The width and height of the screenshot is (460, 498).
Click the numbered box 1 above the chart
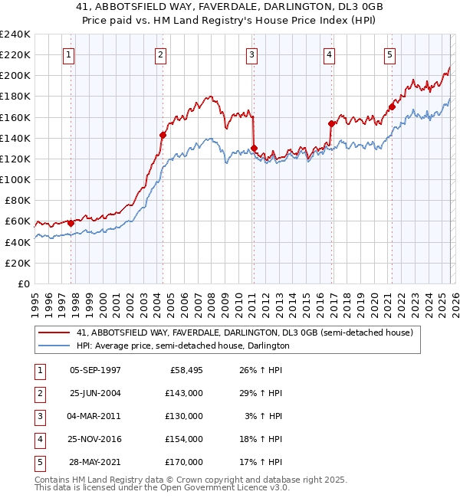pos(70,54)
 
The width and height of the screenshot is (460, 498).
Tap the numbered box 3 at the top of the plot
pos(251,54)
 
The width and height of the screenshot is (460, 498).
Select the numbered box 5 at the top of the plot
pos(389,54)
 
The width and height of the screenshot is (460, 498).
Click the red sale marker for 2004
pos(163,135)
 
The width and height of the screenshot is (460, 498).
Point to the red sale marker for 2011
pos(254,148)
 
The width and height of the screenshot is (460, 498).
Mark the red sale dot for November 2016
pos(331,123)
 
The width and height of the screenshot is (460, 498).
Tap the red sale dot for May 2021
pos(392,106)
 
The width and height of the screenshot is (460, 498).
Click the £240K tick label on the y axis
pos(15,34)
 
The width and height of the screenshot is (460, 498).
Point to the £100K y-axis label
pos(15,179)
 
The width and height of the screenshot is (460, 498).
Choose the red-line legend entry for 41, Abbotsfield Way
pos(245,333)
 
